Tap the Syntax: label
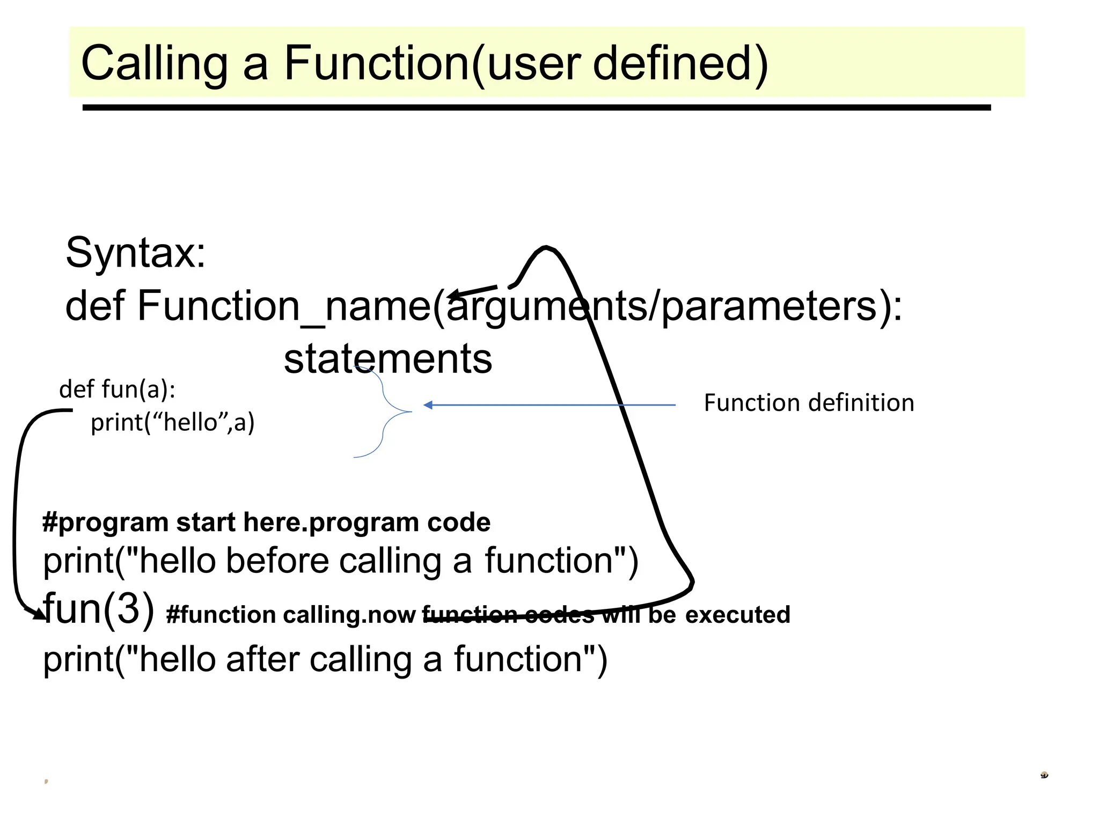point(135,252)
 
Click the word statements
point(387,359)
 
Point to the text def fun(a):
point(117,389)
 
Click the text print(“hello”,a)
point(172,422)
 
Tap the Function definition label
point(809,402)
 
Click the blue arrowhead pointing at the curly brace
point(428,405)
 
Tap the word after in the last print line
point(262,659)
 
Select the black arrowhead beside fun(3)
point(39,615)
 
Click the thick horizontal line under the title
point(537,108)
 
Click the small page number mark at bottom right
point(1044,775)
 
